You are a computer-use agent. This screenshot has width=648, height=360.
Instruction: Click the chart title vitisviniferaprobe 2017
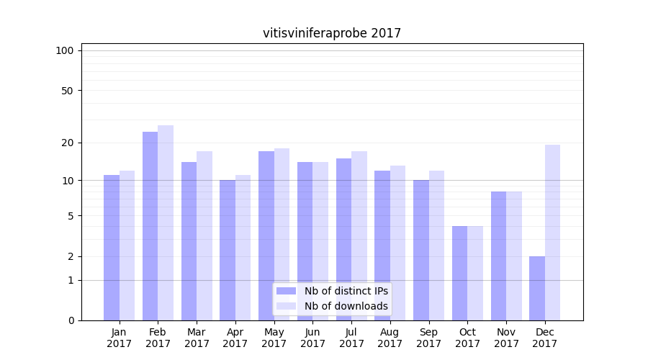(x=332, y=33)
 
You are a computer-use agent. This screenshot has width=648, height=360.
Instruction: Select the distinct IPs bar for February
(x=150, y=226)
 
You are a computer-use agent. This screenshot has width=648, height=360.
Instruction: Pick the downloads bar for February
(x=166, y=223)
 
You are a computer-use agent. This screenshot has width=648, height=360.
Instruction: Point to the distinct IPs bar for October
(x=459, y=273)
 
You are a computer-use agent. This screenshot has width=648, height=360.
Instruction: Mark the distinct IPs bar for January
(x=112, y=248)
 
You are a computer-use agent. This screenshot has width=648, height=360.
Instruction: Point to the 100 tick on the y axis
(x=65, y=50)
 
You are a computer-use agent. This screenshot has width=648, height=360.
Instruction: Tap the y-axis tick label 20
(x=68, y=143)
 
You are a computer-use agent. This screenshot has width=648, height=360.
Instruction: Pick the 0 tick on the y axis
(x=71, y=320)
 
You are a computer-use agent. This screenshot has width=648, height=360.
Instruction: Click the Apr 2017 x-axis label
(x=235, y=338)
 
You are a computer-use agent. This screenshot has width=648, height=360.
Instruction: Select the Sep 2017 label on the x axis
(x=428, y=338)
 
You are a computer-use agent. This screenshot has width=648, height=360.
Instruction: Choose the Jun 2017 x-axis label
(x=312, y=338)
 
